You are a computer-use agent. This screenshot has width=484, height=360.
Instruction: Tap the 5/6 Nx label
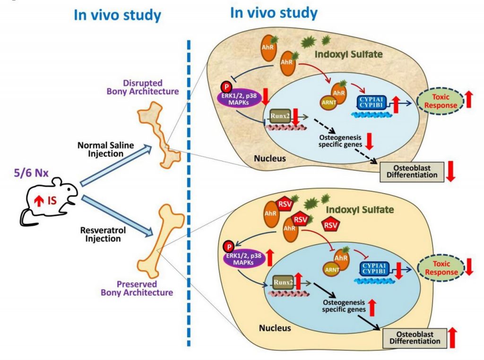[x=31, y=173]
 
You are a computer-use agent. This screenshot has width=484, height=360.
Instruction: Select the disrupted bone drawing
[x=159, y=136]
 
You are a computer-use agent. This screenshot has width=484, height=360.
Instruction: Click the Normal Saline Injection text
[x=105, y=149]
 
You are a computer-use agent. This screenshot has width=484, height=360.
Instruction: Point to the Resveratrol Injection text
[x=103, y=234]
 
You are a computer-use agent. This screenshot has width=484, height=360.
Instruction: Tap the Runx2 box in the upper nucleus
[x=280, y=116]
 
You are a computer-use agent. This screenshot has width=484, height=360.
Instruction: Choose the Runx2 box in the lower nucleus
[x=283, y=282]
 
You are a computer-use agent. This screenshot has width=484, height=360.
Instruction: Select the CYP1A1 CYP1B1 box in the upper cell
[x=371, y=103]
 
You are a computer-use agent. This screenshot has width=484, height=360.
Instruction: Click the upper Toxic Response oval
[x=441, y=101]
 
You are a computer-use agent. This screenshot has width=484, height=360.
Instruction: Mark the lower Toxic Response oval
[x=441, y=268]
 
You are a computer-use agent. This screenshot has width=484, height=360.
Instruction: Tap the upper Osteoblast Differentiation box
[x=412, y=171]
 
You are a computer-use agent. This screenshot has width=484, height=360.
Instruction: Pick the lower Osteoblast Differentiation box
[x=415, y=338]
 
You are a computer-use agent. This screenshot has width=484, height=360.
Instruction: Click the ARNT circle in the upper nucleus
[x=329, y=103]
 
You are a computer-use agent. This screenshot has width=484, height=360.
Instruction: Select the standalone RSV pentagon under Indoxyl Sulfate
[x=330, y=225]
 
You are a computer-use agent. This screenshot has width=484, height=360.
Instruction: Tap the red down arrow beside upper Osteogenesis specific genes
[x=369, y=141]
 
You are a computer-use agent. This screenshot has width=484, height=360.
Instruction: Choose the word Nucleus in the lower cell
[x=275, y=327]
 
